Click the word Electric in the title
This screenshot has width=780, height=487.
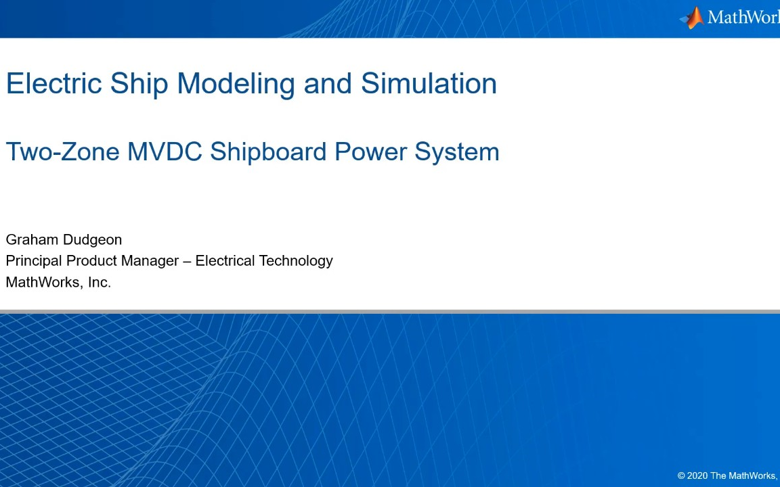point(53,83)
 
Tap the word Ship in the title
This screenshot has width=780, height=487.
point(139,84)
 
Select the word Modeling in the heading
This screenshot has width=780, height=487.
point(236,84)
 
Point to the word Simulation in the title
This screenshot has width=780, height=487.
point(429,83)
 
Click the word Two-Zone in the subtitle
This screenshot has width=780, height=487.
point(63,151)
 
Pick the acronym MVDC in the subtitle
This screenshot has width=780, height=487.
point(165,151)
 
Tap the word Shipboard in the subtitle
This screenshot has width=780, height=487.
point(268,152)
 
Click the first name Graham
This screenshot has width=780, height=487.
point(32,239)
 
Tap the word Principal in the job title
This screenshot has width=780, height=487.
point(35,261)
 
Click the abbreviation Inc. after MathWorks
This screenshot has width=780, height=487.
point(100,282)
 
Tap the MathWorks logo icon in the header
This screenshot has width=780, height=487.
point(692,18)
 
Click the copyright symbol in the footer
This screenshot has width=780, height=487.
point(681,476)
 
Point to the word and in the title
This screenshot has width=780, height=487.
point(328,83)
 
